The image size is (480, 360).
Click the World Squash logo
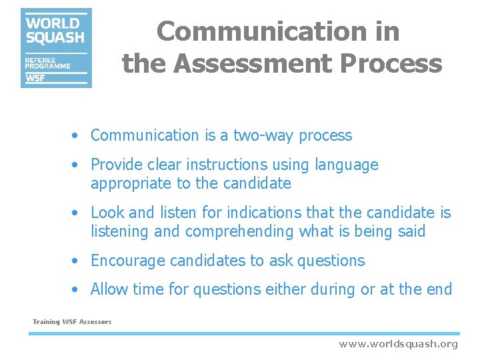click(56, 47)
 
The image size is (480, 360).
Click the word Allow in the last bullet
click(109, 289)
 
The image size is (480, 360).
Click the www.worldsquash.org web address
click(398, 344)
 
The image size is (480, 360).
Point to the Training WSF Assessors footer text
click(72, 322)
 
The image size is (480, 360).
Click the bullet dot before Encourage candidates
click(77, 261)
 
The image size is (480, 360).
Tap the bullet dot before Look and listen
click(77, 213)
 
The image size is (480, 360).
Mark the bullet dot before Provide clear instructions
click(77, 165)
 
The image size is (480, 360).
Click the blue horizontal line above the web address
click(243, 333)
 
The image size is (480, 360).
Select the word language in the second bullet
click(347, 165)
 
